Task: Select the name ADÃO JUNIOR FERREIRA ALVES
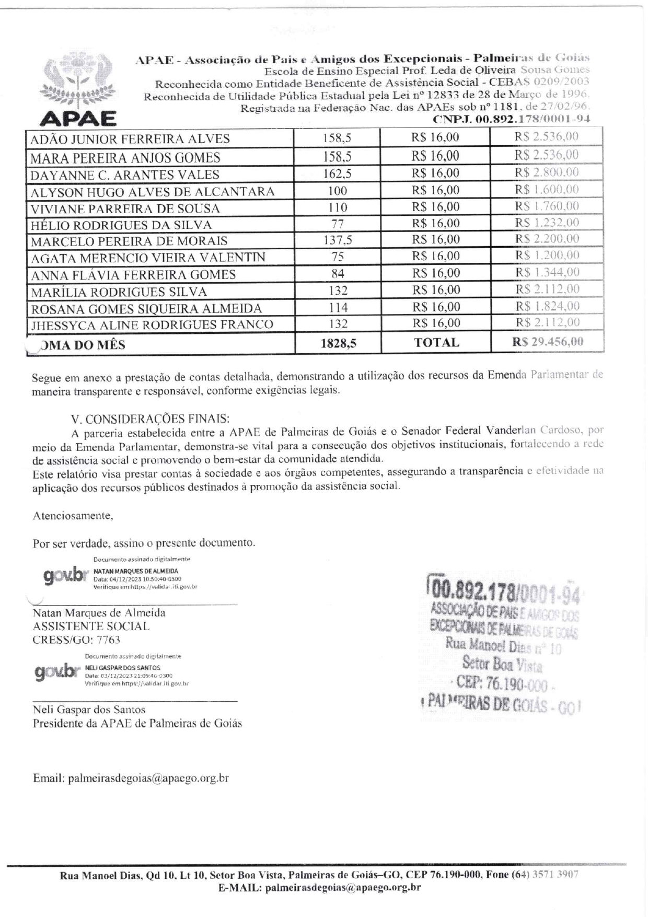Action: point(130,139)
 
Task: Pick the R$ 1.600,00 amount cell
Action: point(547,189)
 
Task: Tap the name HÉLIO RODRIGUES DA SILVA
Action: point(121,225)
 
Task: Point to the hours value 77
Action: point(338,224)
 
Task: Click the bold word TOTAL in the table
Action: point(436,343)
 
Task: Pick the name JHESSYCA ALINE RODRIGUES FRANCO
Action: point(152,324)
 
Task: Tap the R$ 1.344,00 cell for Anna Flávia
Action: point(547,272)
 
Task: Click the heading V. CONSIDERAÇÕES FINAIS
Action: point(150,419)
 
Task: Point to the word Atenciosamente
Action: point(73,516)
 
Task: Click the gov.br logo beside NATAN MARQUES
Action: point(65,575)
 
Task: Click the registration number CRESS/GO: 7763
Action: point(76,640)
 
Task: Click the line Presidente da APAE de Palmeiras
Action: point(137,724)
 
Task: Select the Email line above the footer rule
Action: point(131,778)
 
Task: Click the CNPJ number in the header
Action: point(512,119)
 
